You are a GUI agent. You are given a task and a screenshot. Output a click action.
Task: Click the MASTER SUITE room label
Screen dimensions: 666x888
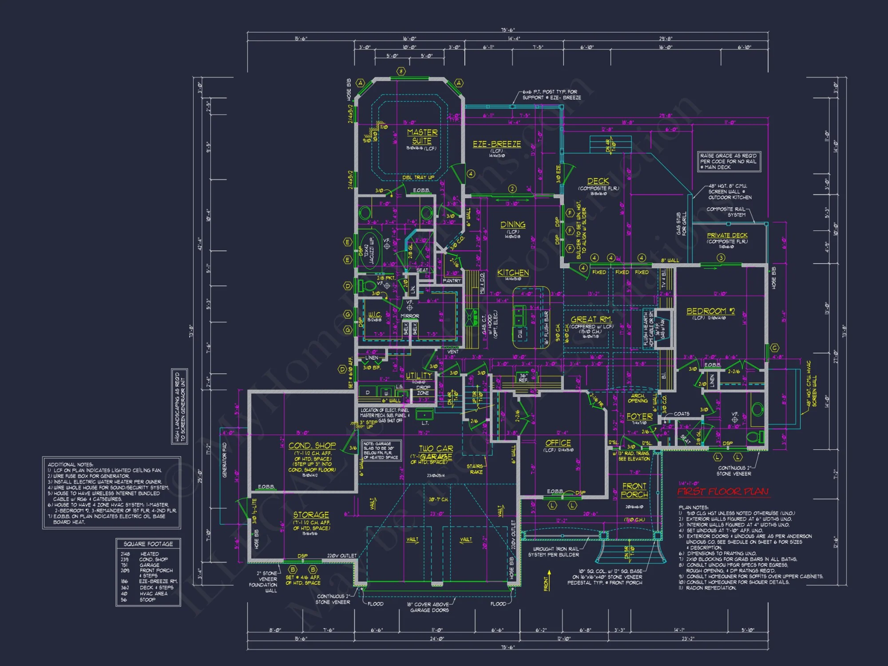pyautogui.click(x=422, y=137)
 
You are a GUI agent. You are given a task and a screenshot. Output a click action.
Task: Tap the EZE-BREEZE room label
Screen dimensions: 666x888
pyautogui.click(x=496, y=144)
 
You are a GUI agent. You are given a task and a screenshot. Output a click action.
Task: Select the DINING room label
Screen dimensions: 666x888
pyautogui.click(x=513, y=225)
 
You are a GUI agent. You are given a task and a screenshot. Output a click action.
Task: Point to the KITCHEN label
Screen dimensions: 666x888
pyautogui.click(x=513, y=273)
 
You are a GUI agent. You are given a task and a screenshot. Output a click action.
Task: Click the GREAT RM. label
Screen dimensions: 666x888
pyautogui.click(x=591, y=320)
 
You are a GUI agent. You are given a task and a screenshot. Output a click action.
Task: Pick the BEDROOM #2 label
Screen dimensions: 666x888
pyautogui.click(x=710, y=311)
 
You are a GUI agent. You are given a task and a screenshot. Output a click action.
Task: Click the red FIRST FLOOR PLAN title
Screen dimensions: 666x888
pyautogui.click(x=723, y=492)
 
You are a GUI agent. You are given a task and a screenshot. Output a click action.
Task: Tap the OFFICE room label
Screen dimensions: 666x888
pyautogui.click(x=558, y=443)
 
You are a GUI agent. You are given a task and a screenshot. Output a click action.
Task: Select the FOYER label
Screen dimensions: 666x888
pyautogui.click(x=639, y=416)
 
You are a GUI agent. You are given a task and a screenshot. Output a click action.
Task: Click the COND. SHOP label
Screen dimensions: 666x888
pyautogui.click(x=312, y=445)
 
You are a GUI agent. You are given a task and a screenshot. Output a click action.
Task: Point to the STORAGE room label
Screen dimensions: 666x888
pyautogui.click(x=311, y=515)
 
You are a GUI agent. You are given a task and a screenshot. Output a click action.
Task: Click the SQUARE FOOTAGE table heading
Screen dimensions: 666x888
pyautogui.click(x=148, y=544)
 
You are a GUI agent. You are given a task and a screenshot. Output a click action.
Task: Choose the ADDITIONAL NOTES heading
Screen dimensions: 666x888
pyautogui.click(x=70, y=464)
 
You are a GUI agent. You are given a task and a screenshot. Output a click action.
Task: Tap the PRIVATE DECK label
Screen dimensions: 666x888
pyautogui.click(x=727, y=235)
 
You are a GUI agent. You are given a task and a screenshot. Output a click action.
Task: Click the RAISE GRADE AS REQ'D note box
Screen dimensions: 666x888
pyautogui.click(x=728, y=162)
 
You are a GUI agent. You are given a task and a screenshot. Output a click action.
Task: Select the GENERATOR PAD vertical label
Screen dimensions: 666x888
pyautogui.click(x=225, y=460)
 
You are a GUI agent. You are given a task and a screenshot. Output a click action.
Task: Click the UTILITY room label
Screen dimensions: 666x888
pyautogui.click(x=418, y=376)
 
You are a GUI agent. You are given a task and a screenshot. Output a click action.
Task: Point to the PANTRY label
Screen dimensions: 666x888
pyautogui.click(x=452, y=281)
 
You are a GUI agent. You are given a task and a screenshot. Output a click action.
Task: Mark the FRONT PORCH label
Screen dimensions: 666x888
pyautogui.click(x=634, y=490)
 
